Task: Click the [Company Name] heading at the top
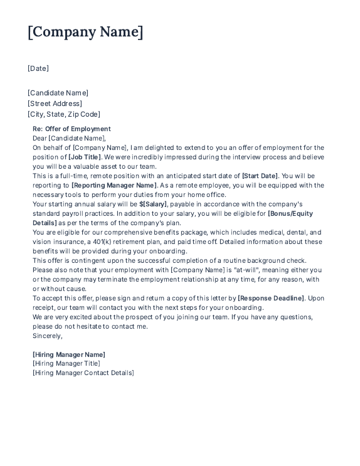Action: [85, 32]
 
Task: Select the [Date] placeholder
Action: [38, 68]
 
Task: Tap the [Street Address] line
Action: [55, 103]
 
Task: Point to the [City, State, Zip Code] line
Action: [64, 114]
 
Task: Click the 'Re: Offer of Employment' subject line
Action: [71, 129]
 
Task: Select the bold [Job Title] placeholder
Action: [85, 157]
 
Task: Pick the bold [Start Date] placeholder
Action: [260, 176]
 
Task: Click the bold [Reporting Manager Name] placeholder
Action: [114, 185]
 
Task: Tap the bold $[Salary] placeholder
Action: [154, 204]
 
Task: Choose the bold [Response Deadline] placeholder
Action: [271, 298]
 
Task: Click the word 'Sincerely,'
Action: [48, 336]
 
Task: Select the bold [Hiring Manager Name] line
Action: [69, 354]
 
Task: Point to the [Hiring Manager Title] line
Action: [66, 363]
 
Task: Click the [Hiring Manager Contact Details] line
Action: [83, 373]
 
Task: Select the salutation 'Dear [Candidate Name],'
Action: [70, 138]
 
